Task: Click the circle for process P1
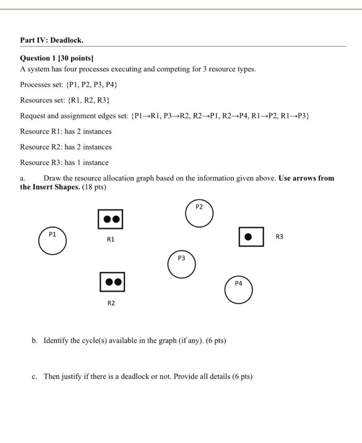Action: pos(52,241)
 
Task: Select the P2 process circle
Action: pos(199,213)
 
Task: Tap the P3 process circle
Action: pos(181,264)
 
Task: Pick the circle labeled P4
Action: pos(239,290)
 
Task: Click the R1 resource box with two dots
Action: pos(110,219)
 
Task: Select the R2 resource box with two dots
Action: pos(112,282)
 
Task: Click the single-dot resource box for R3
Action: pos(251,237)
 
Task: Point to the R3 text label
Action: pos(279,237)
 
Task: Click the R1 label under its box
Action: pos(110,239)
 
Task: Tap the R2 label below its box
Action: pos(111,303)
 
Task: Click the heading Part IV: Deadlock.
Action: pos(52,40)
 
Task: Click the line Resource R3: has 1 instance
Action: pos(64,163)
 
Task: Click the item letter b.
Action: pos(34,340)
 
